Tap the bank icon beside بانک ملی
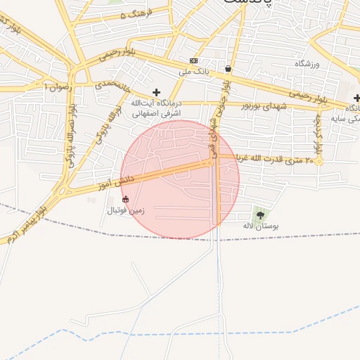coord(194,61)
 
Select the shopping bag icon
coord(229,69)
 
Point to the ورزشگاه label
coord(307,64)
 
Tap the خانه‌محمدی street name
coord(112,87)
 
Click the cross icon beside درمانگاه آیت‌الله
coord(156,92)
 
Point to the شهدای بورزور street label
coord(247,106)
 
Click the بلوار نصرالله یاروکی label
coord(70,141)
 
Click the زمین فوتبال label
coord(125,210)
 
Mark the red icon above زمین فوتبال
coord(126,199)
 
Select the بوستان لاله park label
coord(261,226)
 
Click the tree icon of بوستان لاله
coord(261,215)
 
